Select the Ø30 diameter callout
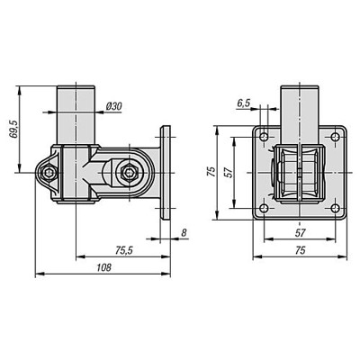coord(114,107)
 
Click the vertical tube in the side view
coord(76,112)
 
